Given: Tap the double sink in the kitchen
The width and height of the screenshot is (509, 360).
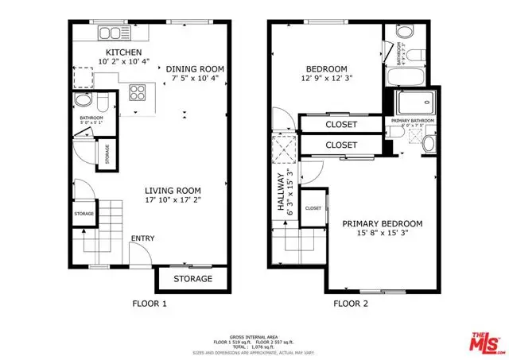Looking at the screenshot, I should tap(114, 34).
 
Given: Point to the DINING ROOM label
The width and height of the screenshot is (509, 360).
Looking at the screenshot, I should tap(195, 69).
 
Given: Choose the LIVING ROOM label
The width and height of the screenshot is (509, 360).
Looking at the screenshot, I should tap(177, 190).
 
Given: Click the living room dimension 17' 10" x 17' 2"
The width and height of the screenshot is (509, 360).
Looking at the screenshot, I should tap(177, 201).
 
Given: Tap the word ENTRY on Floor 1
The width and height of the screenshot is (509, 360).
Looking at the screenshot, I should tap(142, 238).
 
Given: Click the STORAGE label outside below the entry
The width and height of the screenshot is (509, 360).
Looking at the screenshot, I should tap(192, 279).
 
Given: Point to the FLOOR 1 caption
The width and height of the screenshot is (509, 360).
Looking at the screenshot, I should tap(149, 304).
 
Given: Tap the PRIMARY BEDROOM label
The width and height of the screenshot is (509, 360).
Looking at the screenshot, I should tap(382, 223).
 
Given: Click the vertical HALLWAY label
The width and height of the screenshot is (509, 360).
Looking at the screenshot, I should tap(280, 195).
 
